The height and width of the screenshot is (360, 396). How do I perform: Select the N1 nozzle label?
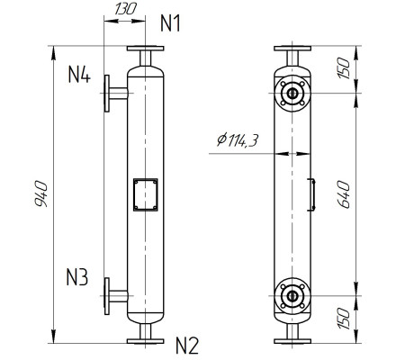pyautogui.click(x=172, y=23)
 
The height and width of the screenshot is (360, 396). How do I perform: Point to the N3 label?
pyautogui.click(x=78, y=278)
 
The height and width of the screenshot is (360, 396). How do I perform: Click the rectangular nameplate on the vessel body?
pyautogui.click(x=144, y=193)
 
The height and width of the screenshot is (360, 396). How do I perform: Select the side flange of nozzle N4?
pyautogui.click(x=107, y=92)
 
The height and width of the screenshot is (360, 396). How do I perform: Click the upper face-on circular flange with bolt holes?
pyautogui.click(x=291, y=92)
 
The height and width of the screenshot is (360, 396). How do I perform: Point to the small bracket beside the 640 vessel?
pyautogui.click(x=312, y=193)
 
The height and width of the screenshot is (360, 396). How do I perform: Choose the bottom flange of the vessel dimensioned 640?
pyautogui.click(x=291, y=339)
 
